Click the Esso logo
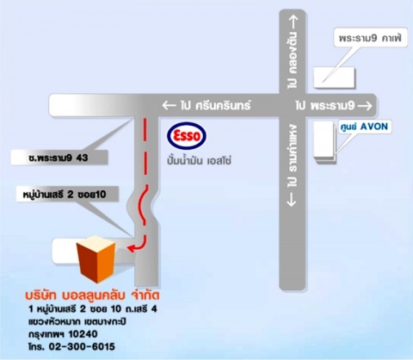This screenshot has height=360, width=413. pyautogui.click(x=187, y=135)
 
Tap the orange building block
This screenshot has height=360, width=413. pyautogui.click(x=96, y=259)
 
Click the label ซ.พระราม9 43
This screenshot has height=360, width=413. pyautogui.click(x=59, y=158)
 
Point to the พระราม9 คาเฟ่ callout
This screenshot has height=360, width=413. pyautogui.click(x=370, y=38)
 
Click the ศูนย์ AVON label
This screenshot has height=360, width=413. pyautogui.click(x=364, y=127)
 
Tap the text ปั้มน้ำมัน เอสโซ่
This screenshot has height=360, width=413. pyautogui.click(x=200, y=160)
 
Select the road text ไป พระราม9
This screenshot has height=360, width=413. pyautogui.click(x=325, y=106)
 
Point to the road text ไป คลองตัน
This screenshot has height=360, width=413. pyautogui.click(x=293, y=60)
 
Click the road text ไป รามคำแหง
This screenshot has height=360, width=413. pyautogui.click(x=293, y=156)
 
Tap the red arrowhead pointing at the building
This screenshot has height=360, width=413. pyautogui.click(x=131, y=249)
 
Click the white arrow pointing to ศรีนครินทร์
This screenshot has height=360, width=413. pyautogui.click(x=169, y=106)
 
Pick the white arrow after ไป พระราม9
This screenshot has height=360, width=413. pyautogui.click(x=366, y=106)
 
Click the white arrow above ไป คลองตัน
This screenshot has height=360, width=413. pyautogui.click(x=293, y=22)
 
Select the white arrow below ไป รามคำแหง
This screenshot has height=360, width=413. pyautogui.click(x=292, y=199)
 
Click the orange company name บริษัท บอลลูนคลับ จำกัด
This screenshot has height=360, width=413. pyautogui.click(x=92, y=295)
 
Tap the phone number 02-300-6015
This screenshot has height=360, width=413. pyautogui.click(x=82, y=346)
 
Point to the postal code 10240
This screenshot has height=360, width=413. pyautogui.click(x=83, y=334)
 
